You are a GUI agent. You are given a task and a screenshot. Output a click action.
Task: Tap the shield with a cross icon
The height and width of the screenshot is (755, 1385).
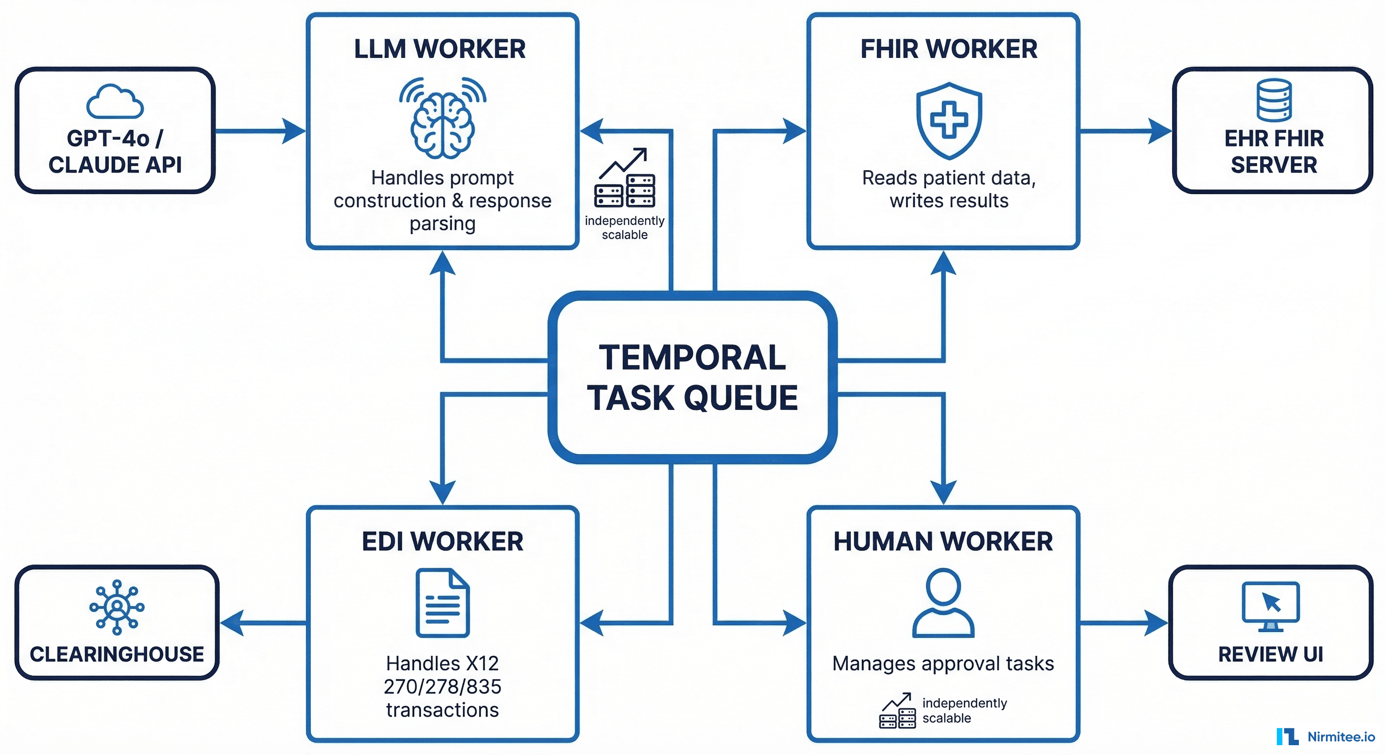[x=949, y=120]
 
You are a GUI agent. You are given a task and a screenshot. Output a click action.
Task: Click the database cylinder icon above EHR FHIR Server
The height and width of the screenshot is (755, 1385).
[x=1274, y=100]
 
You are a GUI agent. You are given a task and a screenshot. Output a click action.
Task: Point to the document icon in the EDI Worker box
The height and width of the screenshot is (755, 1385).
[x=443, y=603]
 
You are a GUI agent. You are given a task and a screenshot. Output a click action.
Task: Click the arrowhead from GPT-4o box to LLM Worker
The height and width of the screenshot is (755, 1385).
[x=294, y=131]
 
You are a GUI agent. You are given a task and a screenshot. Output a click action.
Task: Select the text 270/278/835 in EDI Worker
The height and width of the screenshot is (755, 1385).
[x=443, y=686]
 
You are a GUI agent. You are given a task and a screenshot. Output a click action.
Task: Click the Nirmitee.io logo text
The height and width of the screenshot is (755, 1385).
[x=1340, y=737]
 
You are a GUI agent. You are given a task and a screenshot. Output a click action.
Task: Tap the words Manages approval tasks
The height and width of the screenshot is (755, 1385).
[x=943, y=664]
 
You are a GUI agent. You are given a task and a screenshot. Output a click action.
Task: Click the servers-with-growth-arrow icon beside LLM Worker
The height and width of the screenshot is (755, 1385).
[x=624, y=178]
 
